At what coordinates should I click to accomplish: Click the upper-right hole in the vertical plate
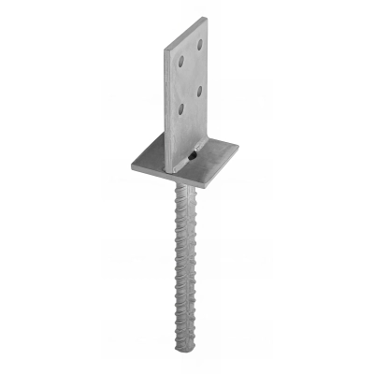tap(199, 43)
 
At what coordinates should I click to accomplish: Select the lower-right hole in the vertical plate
tap(199, 91)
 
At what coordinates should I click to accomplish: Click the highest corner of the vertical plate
tap(206, 17)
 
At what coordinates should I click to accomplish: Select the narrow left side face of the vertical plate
tap(168, 103)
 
